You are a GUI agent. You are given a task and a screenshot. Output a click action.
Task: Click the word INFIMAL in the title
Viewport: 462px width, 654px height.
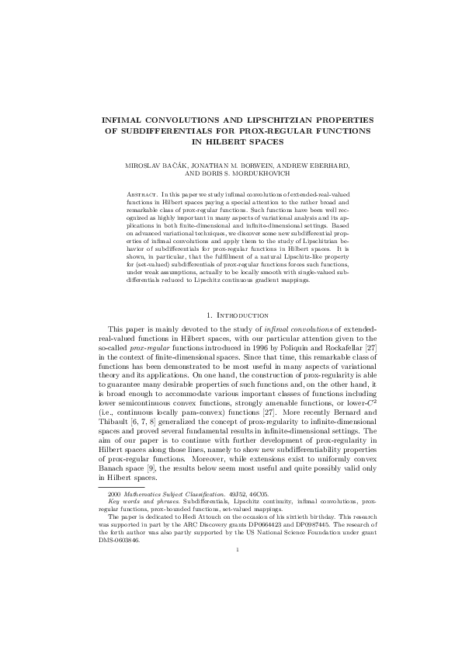(126, 120)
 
